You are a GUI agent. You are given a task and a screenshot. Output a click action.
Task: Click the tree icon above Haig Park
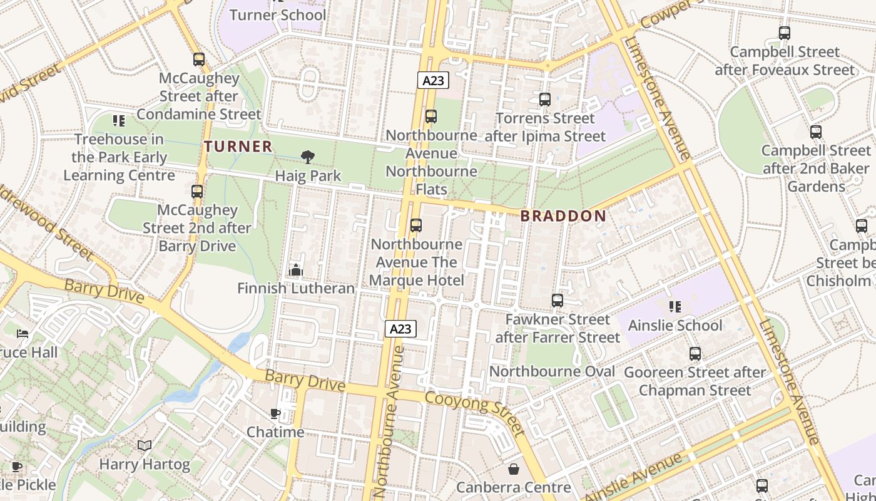pyautogui.click(x=307, y=157)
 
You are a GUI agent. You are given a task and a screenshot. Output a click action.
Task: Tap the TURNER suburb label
pyautogui.click(x=238, y=147)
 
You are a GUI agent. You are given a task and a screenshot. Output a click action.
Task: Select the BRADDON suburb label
pyautogui.click(x=563, y=216)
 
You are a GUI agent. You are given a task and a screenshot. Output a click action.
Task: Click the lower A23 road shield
pyautogui.click(x=400, y=329)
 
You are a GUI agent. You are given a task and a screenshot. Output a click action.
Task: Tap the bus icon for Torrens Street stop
pyautogui.click(x=544, y=99)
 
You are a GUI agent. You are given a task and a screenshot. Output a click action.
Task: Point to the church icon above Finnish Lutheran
pyautogui.click(x=296, y=270)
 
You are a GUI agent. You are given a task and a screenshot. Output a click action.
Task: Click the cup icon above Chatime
pyautogui.click(x=275, y=413)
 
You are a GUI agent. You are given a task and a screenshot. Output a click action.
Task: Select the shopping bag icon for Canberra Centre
pyautogui.click(x=514, y=468)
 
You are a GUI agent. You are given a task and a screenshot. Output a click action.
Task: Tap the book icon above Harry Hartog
pyautogui.click(x=145, y=445)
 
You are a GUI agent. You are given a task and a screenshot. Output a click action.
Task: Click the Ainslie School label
pyautogui.click(x=675, y=325)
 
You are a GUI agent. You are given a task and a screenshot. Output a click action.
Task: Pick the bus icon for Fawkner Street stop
pyautogui.click(x=558, y=301)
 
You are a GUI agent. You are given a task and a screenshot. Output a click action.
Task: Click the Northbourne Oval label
pyautogui.click(x=552, y=371)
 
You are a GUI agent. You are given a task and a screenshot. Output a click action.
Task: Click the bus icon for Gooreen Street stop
pyautogui.click(x=695, y=353)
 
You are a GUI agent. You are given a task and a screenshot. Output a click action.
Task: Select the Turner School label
pyautogui.click(x=278, y=14)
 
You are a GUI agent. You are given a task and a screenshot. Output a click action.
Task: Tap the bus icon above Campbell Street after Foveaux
pyautogui.click(x=785, y=33)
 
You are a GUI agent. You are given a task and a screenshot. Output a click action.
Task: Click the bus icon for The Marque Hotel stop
pyautogui.click(x=416, y=225)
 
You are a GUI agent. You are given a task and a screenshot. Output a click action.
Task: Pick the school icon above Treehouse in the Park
pyautogui.click(x=118, y=120)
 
